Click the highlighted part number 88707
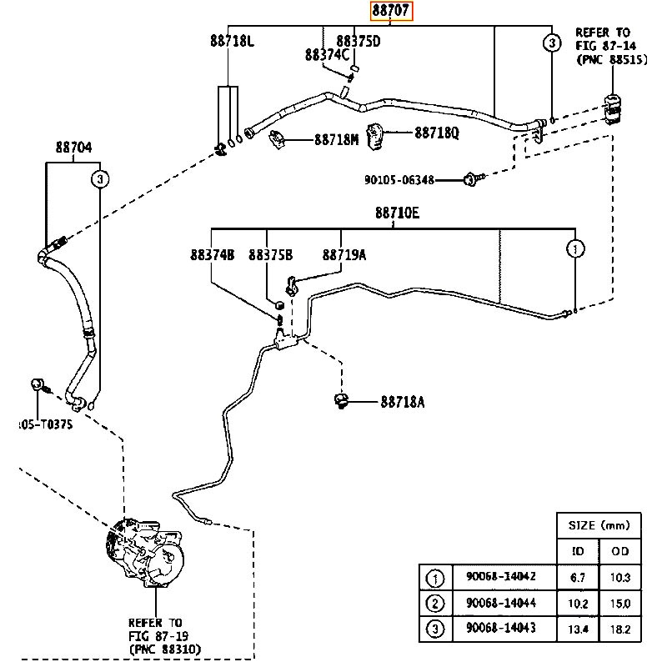point(393,12)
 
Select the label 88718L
point(232,40)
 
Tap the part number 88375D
point(359,40)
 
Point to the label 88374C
point(327,55)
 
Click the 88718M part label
point(336,140)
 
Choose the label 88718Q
point(437,132)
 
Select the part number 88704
point(74,148)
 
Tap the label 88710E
point(396,213)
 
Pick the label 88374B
point(212,255)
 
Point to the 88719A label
point(344,255)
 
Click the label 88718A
point(403,402)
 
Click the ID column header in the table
point(578,551)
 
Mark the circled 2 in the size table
point(434,603)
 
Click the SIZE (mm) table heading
point(598,525)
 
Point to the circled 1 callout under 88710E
point(575,248)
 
